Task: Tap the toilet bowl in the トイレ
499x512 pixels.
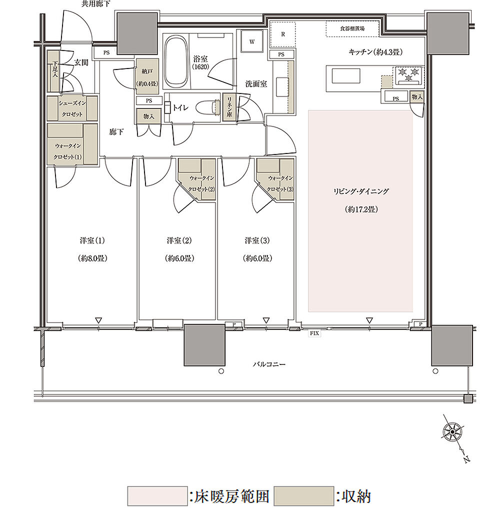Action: pos(207,107)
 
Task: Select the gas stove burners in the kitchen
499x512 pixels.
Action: pos(408,75)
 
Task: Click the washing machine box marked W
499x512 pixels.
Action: pos(252,41)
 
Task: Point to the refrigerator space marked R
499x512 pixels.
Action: pos(282,34)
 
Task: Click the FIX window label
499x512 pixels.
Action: pos(314,333)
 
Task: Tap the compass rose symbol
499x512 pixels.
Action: pos(452,432)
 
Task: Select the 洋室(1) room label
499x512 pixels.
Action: pos(92,240)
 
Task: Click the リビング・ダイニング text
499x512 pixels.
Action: pos(361,191)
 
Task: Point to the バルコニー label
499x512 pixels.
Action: pos(269,364)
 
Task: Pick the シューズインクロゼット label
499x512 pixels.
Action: pos(72,108)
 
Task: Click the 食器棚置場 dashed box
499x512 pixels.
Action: pos(352,28)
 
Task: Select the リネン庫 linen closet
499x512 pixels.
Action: pos(230,107)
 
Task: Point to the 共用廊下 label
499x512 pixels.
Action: pos(95,3)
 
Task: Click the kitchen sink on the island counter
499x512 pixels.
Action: pos(346,76)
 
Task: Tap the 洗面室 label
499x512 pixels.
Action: pos(256,84)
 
